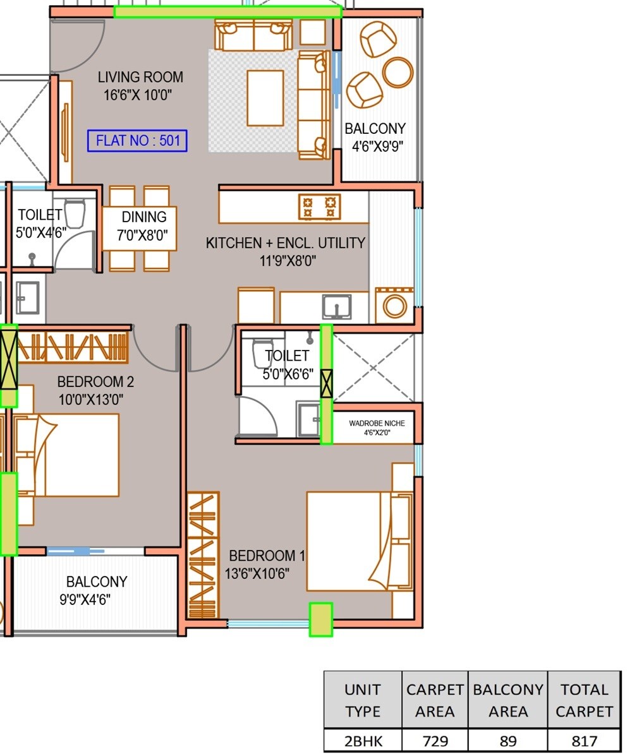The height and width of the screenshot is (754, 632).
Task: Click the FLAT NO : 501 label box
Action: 137,141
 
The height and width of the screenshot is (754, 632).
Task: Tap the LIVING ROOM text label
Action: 140,77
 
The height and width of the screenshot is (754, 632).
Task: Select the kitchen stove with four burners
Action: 319,207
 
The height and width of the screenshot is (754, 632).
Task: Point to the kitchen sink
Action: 337,307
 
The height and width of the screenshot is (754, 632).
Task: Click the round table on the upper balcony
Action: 398,72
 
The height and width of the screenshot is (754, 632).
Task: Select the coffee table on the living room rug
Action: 265,98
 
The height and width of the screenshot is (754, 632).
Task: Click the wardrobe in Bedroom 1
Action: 204,554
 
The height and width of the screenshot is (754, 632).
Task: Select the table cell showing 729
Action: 435,740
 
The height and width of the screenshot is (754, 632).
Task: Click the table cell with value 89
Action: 508,740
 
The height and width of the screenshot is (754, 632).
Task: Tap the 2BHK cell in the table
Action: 363,740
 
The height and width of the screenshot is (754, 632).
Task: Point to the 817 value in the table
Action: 584,740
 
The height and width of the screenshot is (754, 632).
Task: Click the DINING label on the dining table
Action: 144,217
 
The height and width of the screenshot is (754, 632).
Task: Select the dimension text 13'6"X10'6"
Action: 257,574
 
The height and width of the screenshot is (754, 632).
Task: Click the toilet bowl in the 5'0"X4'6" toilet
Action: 75,214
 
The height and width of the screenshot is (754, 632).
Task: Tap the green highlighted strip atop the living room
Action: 228,12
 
